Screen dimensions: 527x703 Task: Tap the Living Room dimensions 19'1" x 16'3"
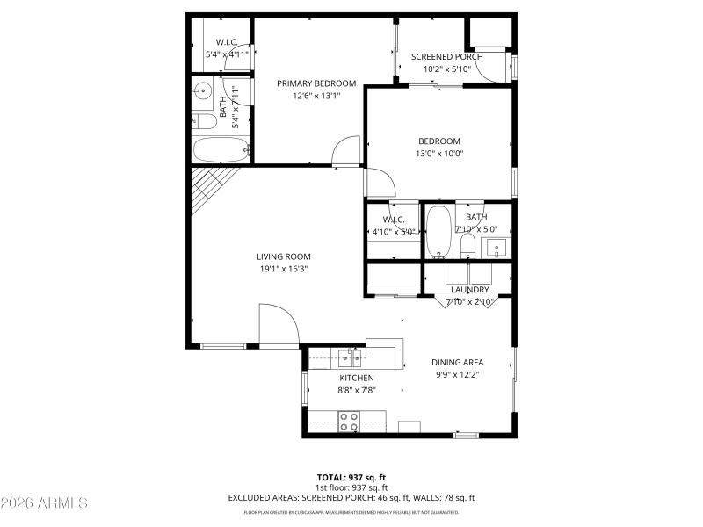(x=283, y=270)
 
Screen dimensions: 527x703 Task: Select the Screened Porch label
(x=442, y=57)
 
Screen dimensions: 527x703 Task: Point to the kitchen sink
(x=351, y=357)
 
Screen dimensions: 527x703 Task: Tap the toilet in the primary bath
(x=201, y=122)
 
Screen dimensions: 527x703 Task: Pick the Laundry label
(x=470, y=290)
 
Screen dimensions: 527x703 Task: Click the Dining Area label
(x=457, y=362)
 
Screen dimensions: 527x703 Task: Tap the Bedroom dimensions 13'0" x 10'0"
(x=438, y=154)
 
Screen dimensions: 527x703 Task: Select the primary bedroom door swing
(x=348, y=149)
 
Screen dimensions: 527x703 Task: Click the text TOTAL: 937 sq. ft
(x=351, y=478)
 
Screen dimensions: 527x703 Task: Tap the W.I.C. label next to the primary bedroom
(x=227, y=41)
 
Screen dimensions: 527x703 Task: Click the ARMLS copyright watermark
(x=46, y=503)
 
